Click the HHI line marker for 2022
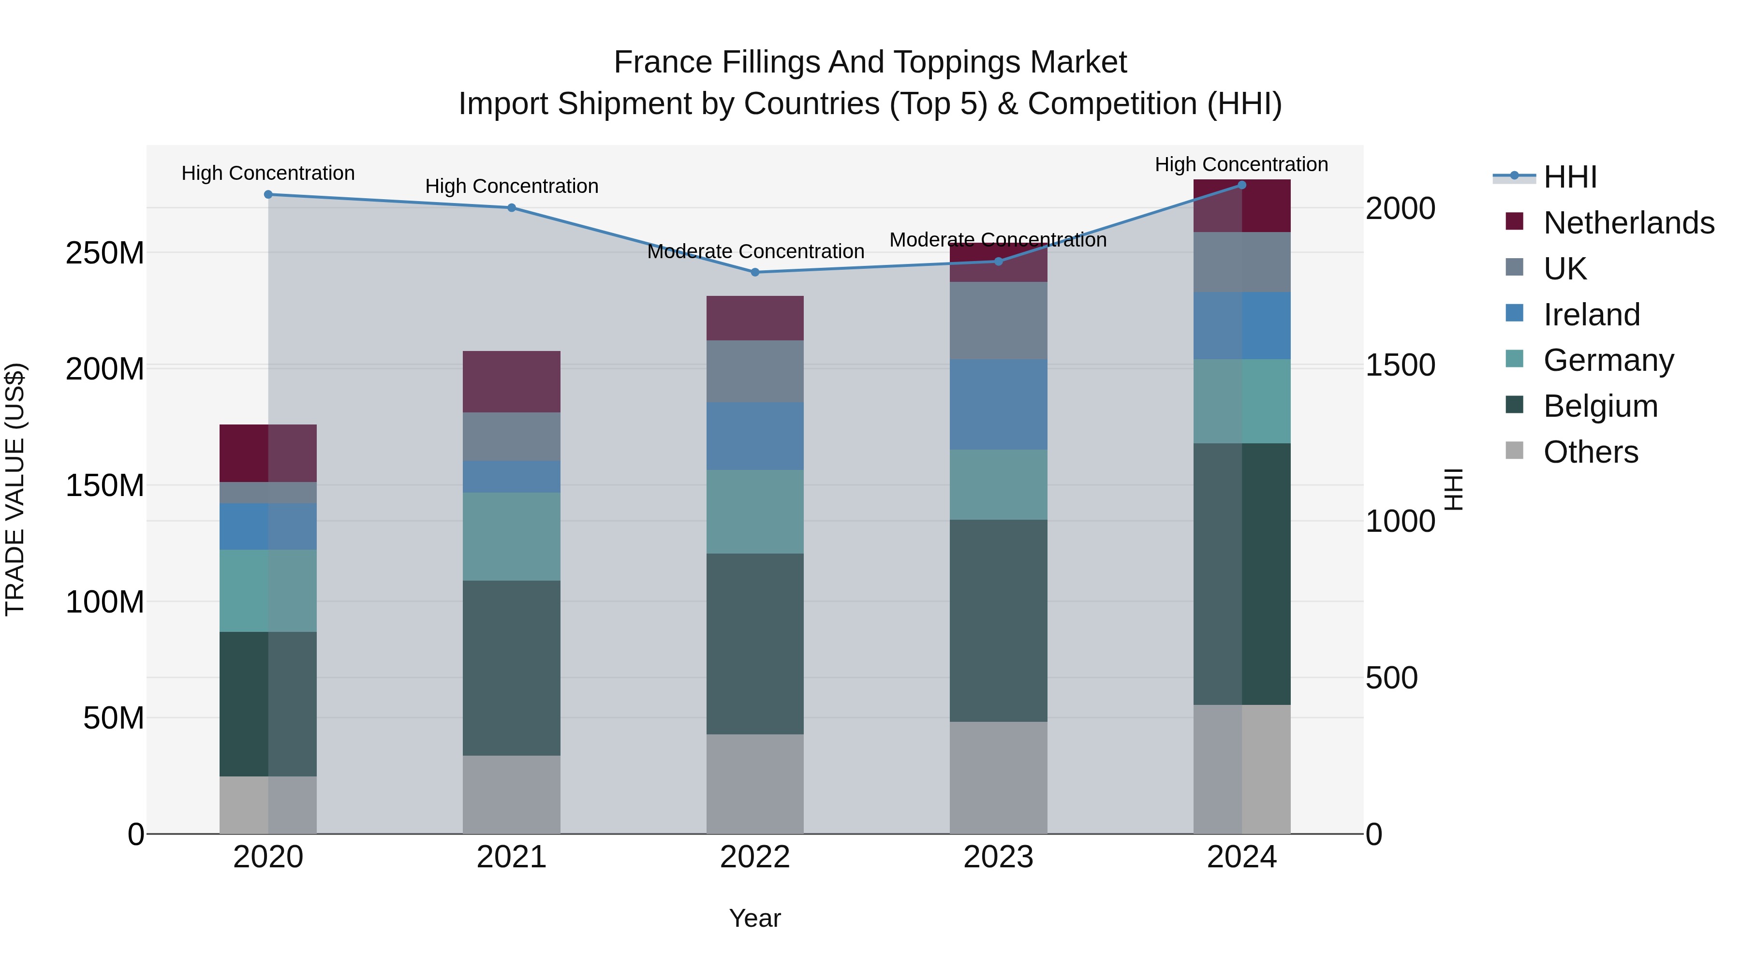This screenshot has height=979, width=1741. [x=755, y=272]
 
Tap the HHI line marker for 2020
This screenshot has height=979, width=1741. [x=268, y=194]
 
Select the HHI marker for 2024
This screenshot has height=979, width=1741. [x=1241, y=185]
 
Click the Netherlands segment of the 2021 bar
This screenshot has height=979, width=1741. [x=512, y=382]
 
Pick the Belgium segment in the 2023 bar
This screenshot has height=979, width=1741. [x=998, y=620]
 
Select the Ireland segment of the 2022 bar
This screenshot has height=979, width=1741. [x=755, y=437]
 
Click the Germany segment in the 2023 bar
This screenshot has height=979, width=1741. [x=998, y=484]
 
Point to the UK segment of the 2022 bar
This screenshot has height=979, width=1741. [x=755, y=372]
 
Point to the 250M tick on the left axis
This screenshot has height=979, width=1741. [x=105, y=253]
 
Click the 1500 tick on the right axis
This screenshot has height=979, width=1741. [x=1400, y=365]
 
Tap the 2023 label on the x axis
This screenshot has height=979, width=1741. [x=998, y=857]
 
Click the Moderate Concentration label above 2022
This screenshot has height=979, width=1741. [x=755, y=251]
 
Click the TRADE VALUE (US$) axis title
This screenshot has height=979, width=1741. [x=15, y=489]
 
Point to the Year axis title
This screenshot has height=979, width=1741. [x=755, y=918]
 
